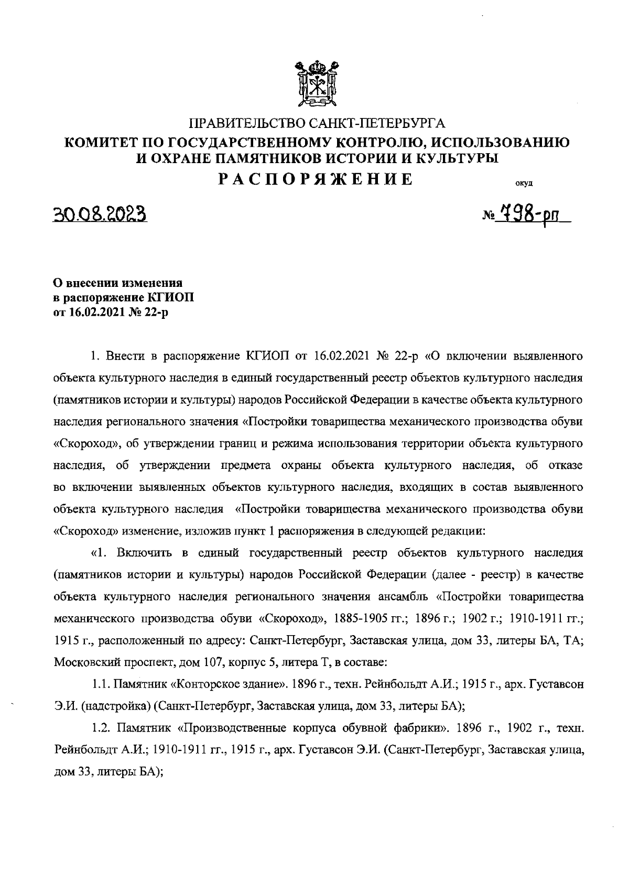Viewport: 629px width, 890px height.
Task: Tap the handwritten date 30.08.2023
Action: [100, 215]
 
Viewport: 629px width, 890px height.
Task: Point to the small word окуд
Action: [524, 184]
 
